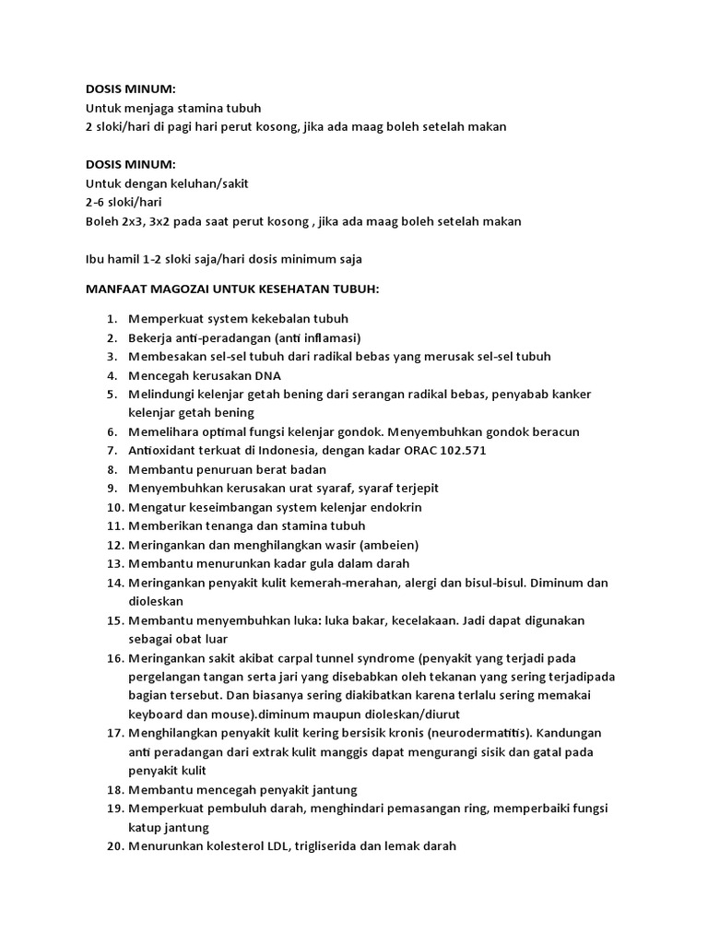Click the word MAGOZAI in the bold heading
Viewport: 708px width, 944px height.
point(176,289)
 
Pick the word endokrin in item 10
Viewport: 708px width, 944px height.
point(397,507)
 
